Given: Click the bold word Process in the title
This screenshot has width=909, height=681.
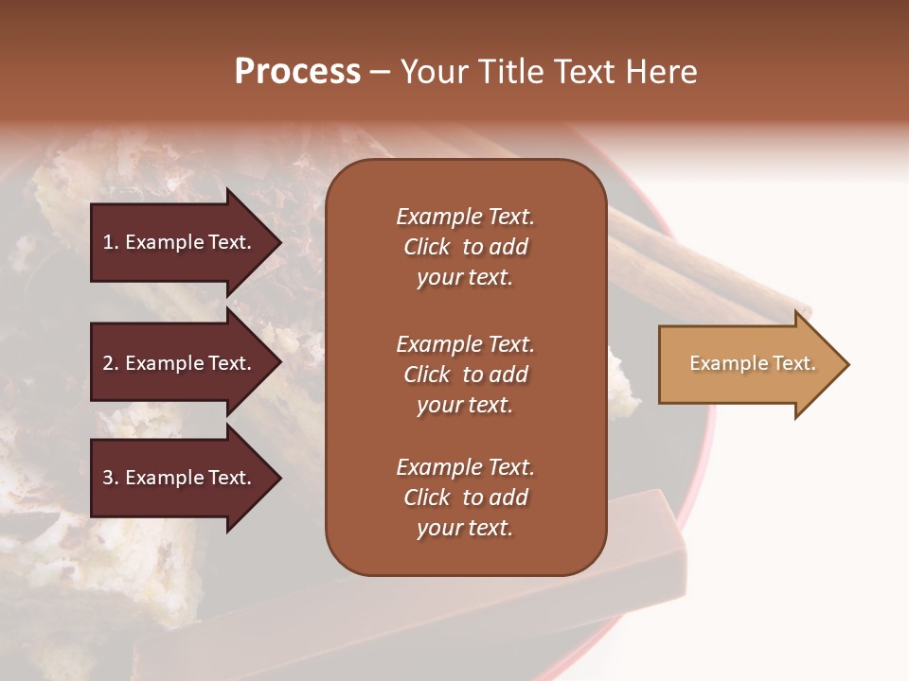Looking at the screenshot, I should pos(297,72).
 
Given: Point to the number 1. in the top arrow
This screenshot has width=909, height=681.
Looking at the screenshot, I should pos(111,242).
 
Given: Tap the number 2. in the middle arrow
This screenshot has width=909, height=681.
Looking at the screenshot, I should pos(111,363).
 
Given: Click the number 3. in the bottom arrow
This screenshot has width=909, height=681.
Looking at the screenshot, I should pos(111,479).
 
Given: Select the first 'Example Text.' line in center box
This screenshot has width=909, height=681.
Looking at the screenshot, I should pos(465,217).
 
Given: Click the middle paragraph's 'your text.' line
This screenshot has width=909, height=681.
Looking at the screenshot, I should pos(465,405).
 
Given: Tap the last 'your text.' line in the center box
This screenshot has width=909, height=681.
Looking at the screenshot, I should pos(465,529).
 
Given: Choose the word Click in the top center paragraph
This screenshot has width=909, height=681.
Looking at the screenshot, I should pos(427,247).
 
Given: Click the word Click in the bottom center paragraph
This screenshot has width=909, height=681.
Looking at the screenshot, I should pos(427,498).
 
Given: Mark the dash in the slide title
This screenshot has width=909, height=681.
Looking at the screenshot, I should pos(381,73).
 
